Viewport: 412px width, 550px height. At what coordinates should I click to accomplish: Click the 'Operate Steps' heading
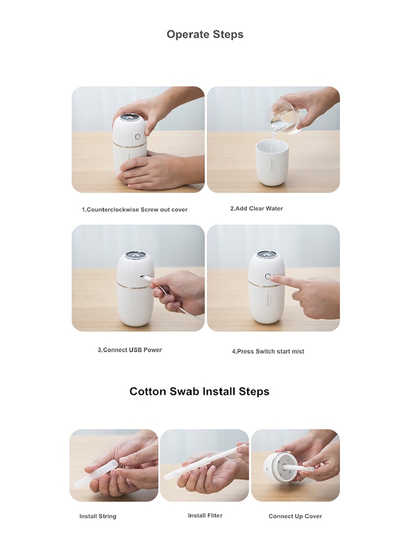click(205, 34)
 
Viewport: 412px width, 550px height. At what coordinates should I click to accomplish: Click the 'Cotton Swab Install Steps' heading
click(199, 392)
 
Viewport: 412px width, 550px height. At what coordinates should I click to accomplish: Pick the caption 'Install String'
click(98, 516)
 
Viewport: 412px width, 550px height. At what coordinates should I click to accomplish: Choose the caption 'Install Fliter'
click(205, 515)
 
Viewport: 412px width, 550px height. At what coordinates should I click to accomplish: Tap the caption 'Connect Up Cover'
click(296, 516)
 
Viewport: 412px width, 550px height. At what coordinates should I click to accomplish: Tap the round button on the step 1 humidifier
click(138, 137)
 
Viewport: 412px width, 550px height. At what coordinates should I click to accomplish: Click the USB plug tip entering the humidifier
click(143, 277)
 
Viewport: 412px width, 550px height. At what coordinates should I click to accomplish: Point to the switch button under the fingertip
click(268, 277)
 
